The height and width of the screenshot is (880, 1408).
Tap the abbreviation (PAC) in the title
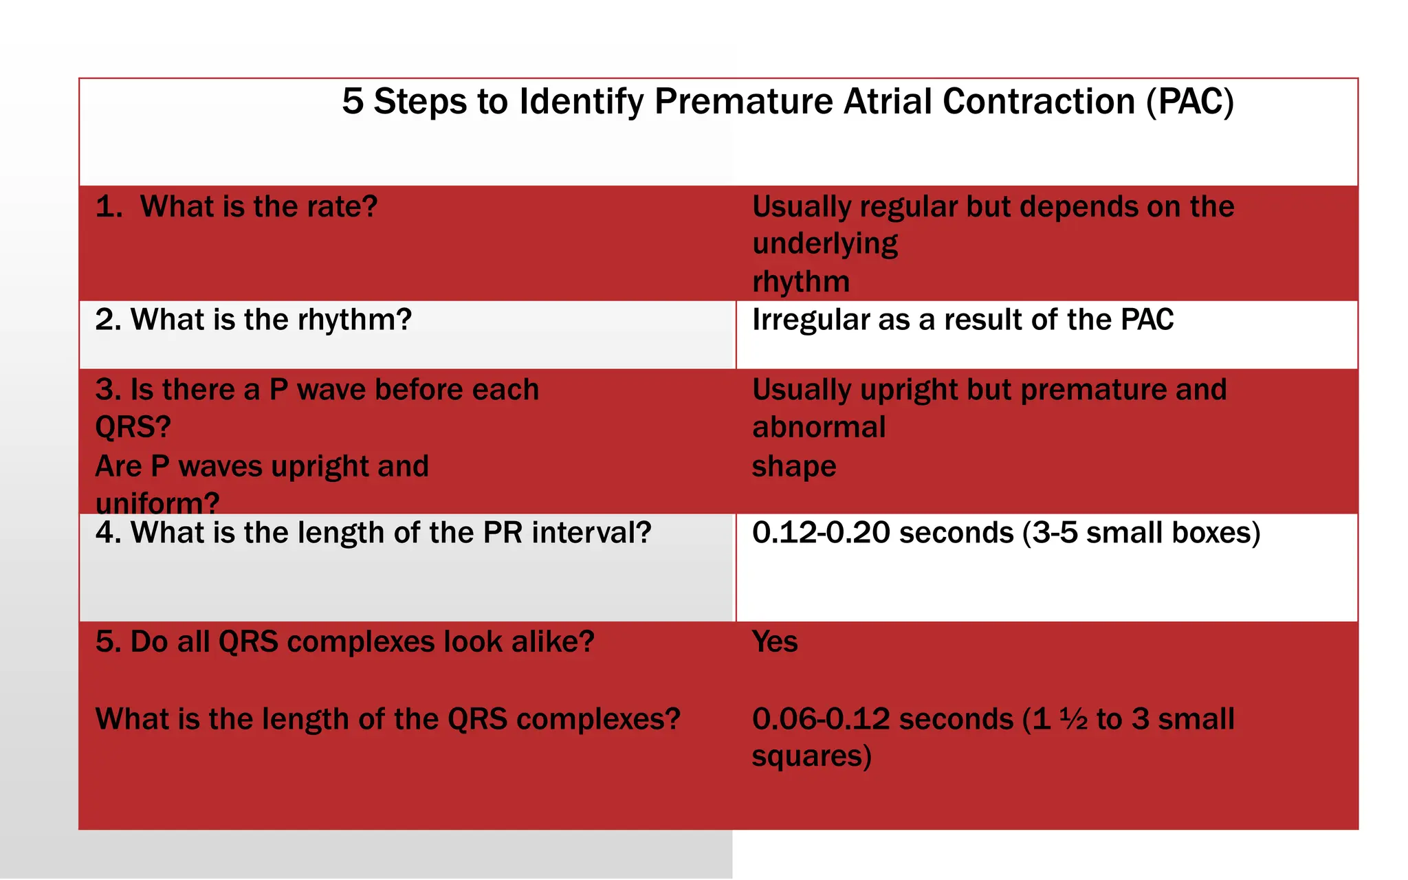click(x=1190, y=102)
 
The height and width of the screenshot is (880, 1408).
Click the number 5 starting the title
click(x=352, y=102)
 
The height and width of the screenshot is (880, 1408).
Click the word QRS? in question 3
click(x=133, y=428)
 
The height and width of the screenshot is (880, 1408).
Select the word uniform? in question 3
click(x=157, y=503)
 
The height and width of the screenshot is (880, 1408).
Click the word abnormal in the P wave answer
click(x=818, y=428)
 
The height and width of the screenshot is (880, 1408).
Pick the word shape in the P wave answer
click(x=793, y=466)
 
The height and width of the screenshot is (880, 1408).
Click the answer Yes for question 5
click(x=774, y=642)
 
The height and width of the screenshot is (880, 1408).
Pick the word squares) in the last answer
click(x=811, y=756)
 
